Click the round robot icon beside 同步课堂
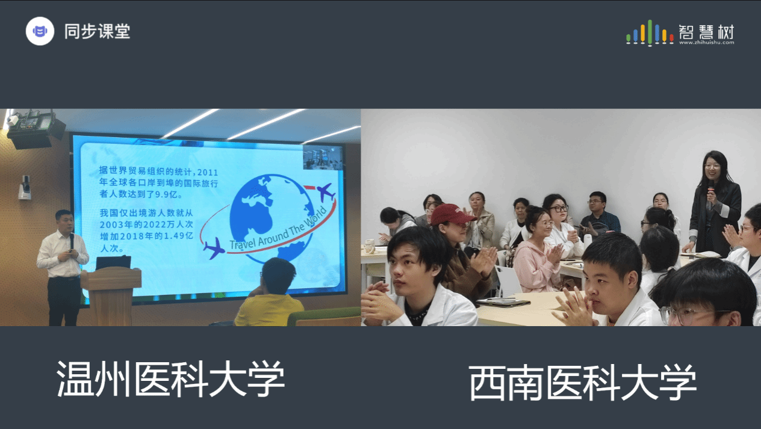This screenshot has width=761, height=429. (x=40, y=31)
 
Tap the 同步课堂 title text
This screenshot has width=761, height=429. (x=97, y=31)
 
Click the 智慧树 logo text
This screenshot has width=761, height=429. (x=706, y=32)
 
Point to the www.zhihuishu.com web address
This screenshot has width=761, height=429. (x=707, y=43)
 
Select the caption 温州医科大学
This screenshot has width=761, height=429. (x=170, y=379)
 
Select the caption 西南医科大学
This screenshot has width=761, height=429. (x=583, y=383)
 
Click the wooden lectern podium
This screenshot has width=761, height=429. (x=111, y=296)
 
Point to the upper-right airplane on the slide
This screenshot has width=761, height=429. (x=326, y=192)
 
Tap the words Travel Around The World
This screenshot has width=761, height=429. (x=278, y=229)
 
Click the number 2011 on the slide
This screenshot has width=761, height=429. (x=207, y=173)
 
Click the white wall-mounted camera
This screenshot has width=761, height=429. (x=25, y=187)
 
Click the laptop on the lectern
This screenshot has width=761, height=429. (x=113, y=263)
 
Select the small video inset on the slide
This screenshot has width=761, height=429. (x=323, y=158)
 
